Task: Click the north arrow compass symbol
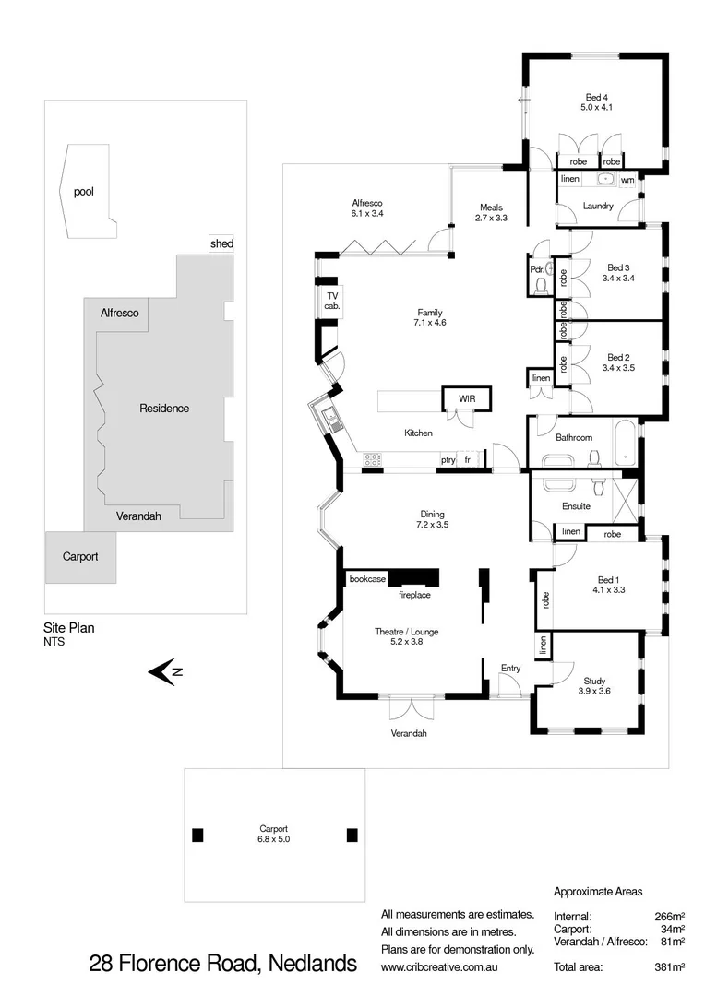(165, 672)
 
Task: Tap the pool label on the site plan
(84, 192)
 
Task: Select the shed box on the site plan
(221, 244)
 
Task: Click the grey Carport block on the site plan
(80, 557)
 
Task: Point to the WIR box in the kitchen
(467, 398)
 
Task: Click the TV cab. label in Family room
(331, 301)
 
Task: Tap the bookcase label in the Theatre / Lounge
(367, 579)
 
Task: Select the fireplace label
(414, 595)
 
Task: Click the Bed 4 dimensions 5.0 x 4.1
(596, 108)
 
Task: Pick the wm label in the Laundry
(627, 180)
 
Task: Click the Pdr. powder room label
(536, 269)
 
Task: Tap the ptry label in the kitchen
(448, 459)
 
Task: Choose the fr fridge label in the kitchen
(468, 459)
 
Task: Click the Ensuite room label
(576, 506)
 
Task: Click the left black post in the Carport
(197, 836)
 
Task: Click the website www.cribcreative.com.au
(451, 967)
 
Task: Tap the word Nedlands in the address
(314, 965)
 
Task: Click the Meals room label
(491, 207)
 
